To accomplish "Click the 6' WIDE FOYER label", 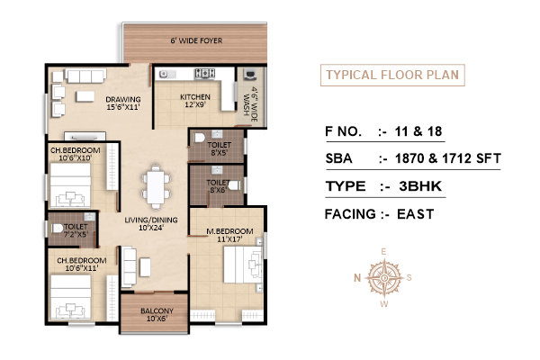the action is pos(196,40).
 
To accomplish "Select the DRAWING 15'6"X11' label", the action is pos(123,103).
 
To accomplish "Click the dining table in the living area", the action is pos(156,187).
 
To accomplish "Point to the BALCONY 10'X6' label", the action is pos(157,314).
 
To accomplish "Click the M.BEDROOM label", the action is pos(229,231).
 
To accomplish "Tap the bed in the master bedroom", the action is pos(243,265).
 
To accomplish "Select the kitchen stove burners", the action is pos(204,74).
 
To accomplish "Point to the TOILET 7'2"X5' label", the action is pos(76,230).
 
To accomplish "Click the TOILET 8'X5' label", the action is pos(219,148).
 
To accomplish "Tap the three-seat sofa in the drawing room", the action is pos(85,76).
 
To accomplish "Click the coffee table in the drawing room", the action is pos(85,96).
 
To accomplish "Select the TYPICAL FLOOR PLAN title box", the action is pos(392,75).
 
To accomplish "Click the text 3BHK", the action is pos(420,186).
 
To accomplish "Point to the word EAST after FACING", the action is pos(415,214).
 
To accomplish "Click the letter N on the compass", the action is pos(357,277).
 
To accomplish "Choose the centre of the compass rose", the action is pos(384,277).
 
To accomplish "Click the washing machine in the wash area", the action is pos(249,75).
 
